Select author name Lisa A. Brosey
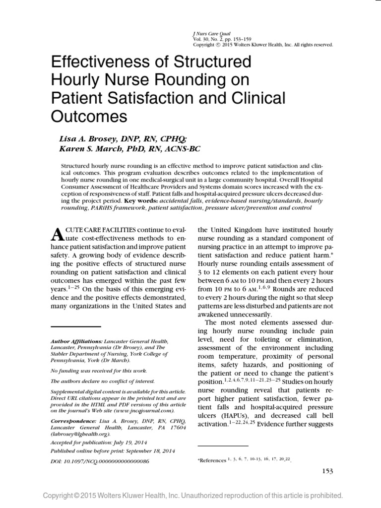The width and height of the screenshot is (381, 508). [x=89, y=140]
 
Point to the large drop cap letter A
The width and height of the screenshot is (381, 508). [x=58, y=234]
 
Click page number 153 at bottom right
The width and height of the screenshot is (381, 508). [x=325, y=471]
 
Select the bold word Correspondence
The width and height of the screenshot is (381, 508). [x=74, y=420]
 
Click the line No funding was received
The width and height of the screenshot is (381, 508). [x=91, y=370]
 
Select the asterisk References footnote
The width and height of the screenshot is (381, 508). [x=212, y=460]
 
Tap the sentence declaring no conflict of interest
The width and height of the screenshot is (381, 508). [x=103, y=381]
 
